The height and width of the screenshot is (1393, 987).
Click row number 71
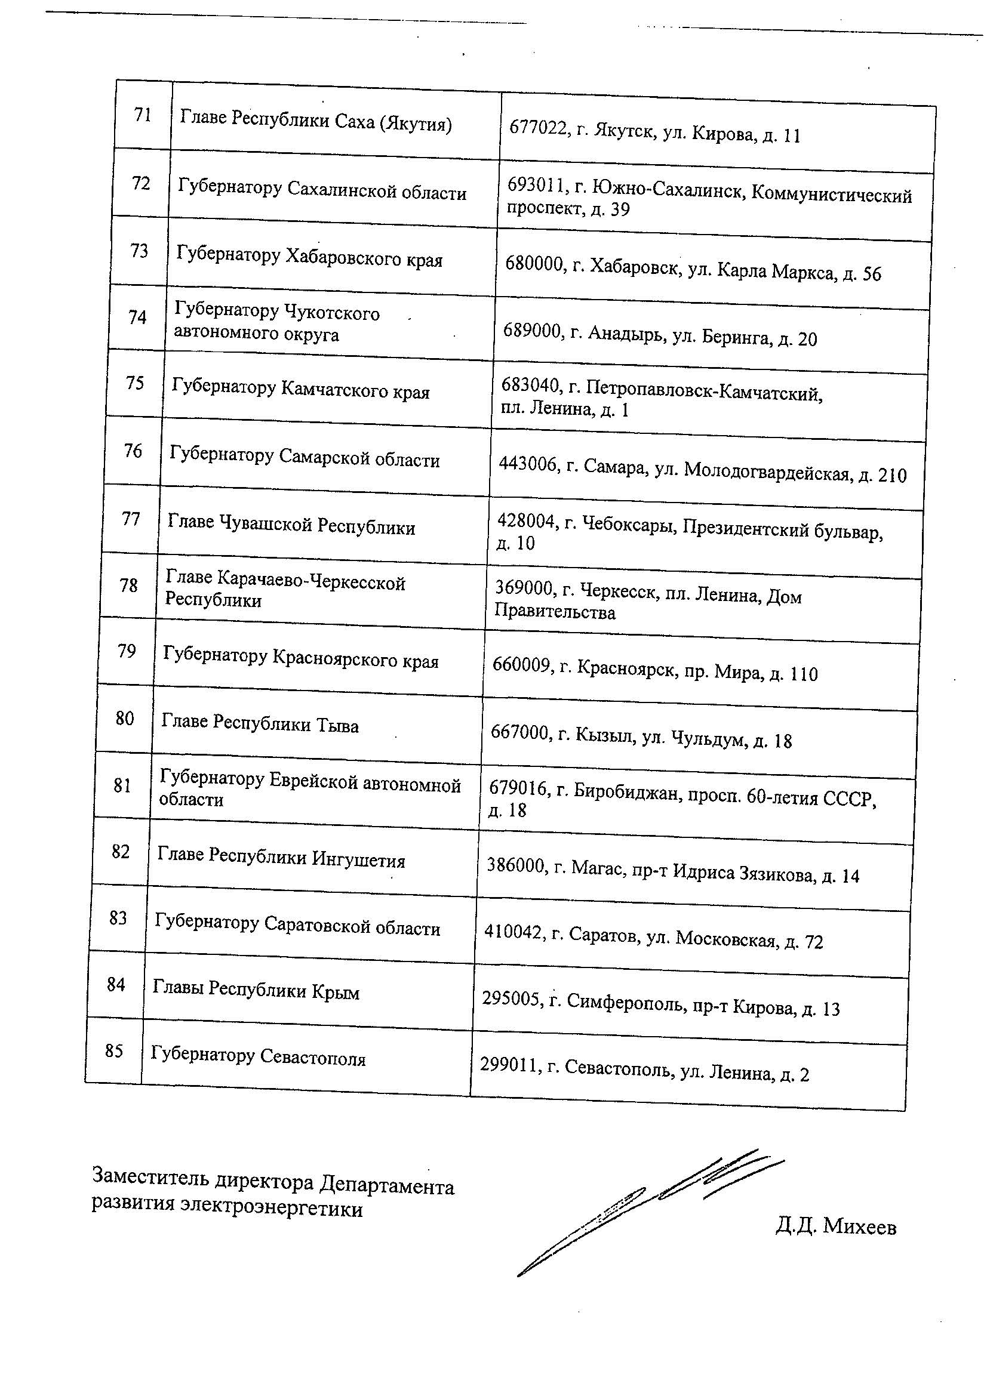point(143,114)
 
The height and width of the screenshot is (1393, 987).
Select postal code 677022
point(536,128)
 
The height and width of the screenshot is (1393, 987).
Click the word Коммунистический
point(831,195)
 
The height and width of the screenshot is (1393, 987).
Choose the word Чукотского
point(332,313)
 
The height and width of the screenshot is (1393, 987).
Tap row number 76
point(133,451)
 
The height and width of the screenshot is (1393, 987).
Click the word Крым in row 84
point(336,993)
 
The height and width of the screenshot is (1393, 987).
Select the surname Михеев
point(859,1228)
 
